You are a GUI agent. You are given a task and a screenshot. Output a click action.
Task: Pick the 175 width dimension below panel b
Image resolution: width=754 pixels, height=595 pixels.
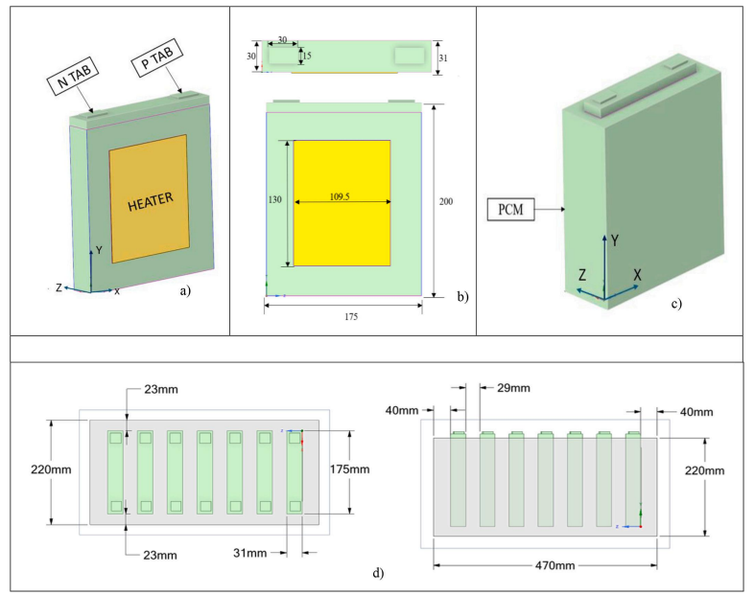tap(342, 317)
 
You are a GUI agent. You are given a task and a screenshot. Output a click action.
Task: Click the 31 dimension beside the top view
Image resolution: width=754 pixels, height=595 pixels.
tap(447, 57)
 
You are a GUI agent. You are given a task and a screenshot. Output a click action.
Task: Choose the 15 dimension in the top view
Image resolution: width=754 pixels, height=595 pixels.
tap(306, 55)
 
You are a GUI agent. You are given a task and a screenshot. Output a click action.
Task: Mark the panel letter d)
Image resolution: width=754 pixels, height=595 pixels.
tap(378, 575)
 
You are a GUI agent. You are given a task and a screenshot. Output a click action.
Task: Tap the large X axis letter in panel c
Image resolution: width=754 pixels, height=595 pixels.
tap(636, 275)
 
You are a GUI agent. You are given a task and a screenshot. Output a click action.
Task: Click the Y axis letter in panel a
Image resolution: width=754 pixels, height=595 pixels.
tap(99, 251)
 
